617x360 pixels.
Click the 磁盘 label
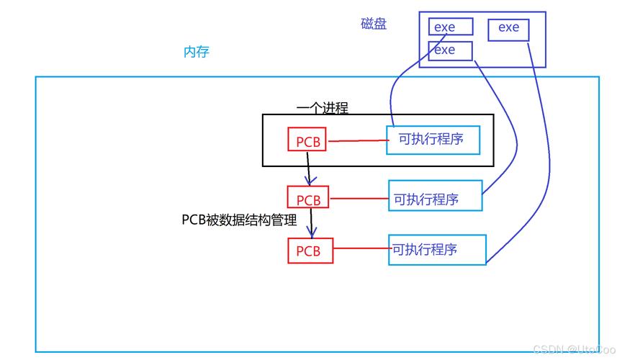click(374, 24)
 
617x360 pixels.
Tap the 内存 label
click(197, 52)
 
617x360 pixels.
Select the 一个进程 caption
click(322, 108)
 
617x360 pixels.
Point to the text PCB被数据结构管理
click(239, 220)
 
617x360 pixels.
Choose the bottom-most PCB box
click(310, 251)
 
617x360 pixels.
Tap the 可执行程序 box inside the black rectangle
click(433, 139)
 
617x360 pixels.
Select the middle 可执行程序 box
click(435, 198)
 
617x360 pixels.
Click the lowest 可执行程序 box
click(437, 249)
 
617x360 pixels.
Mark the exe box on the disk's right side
click(508, 29)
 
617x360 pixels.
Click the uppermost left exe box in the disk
click(451, 27)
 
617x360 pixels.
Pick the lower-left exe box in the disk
click(451, 50)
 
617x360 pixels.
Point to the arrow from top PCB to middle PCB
click(308, 168)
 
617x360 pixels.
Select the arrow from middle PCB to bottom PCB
click(312, 222)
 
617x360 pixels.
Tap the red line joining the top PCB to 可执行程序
click(356, 140)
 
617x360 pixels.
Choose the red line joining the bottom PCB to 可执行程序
click(361, 249)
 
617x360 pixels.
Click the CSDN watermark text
click(573, 349)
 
